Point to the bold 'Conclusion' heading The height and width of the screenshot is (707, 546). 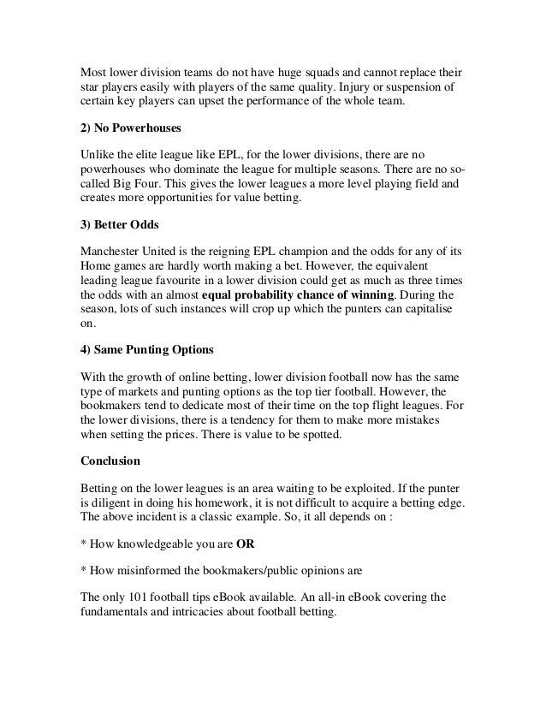pos(110,459)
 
